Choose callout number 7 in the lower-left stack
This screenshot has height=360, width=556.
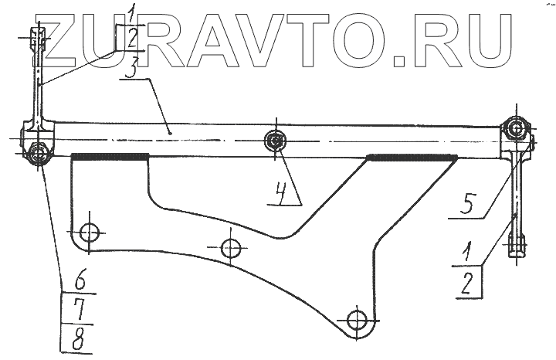[77, 308]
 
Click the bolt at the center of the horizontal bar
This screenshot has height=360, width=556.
[275, 140]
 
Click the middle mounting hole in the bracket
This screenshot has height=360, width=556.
[230, 248]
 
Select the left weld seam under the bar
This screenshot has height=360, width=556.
[109, 157]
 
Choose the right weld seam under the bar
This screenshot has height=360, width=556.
[410, 158]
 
